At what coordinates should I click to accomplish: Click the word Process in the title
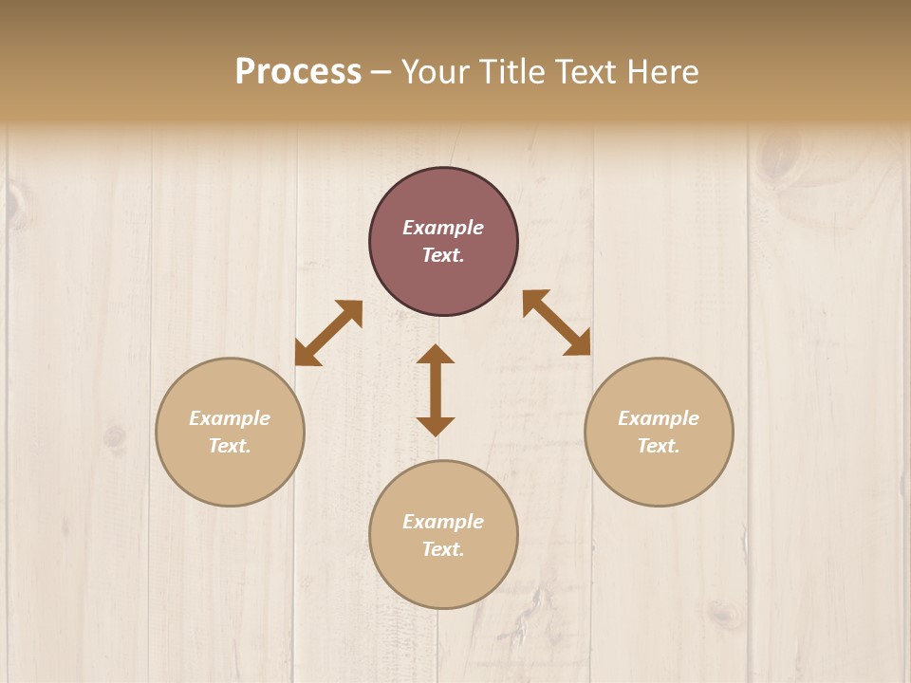[x=298, y=72]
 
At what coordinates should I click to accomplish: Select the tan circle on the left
[x=230, y=474]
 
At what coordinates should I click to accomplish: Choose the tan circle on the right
[x=659, y=474]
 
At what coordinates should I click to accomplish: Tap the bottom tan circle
[x=443, y=579]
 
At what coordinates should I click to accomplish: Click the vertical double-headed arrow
[x=436, y=391]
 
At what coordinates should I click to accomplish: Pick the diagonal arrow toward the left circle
[x=328, y=333]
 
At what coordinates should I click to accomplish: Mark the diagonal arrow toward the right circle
[x=556, y=323]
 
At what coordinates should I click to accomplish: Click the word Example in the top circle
[x=443, y=228]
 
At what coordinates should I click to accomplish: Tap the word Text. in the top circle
[x=443, y=255]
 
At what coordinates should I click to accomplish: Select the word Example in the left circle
[x=230, y=418]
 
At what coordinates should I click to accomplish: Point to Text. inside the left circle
[x=230, y=446]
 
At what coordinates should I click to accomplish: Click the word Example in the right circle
[x=659, y=418]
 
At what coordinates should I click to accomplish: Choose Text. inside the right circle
[x=659, y=446]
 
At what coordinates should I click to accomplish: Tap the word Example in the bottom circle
[x=443, y=522]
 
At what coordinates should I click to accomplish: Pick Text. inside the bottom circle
[x=443, y=549]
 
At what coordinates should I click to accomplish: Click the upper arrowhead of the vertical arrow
[x=436, y=354]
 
